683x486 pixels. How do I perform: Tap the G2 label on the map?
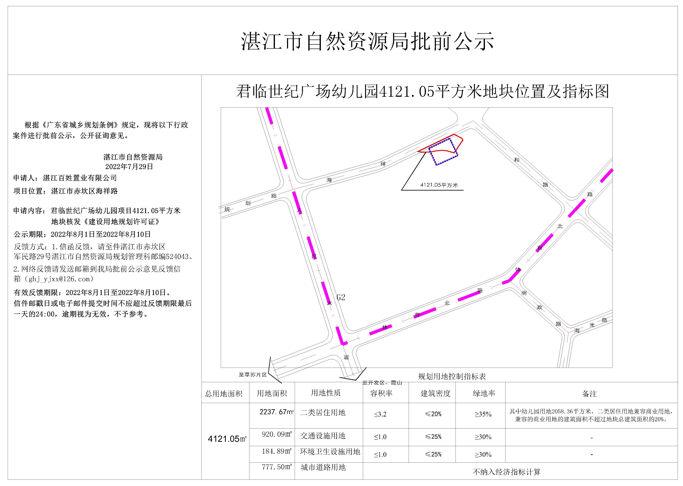pos(341,297)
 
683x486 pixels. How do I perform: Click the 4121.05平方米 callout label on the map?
pos(439,185)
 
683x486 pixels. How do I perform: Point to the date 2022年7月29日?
pos(129,166)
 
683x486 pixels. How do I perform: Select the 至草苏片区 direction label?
pos(252,375)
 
